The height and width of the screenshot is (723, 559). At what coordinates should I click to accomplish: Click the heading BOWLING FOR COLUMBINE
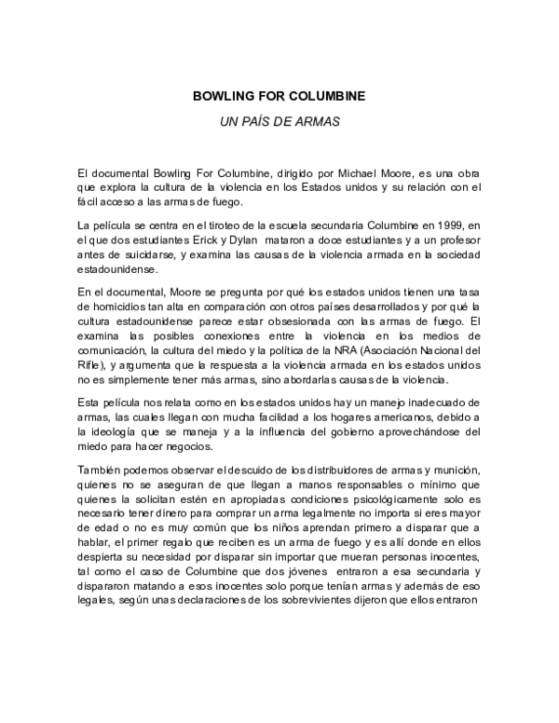(x=279, y=95)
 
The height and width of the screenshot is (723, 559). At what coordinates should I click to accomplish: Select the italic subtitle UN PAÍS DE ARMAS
(x=279, y=121)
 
